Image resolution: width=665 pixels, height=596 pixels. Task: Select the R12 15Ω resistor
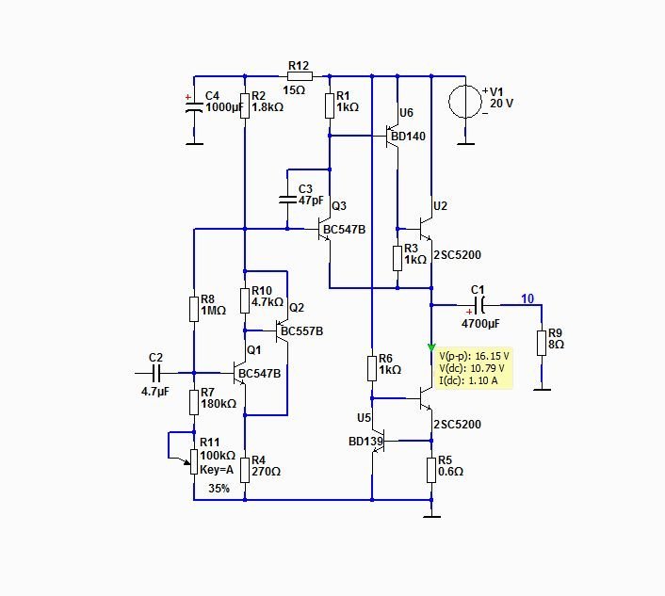coord(298,76)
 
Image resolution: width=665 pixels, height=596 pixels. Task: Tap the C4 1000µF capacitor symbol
coord(194,106)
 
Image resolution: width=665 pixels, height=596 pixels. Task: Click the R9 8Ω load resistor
coord(543,344)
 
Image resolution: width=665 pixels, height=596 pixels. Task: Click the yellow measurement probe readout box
coord(475,368)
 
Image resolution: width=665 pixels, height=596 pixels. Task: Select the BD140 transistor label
coord(407,137)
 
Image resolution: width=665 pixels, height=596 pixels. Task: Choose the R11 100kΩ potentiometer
coord(194,458)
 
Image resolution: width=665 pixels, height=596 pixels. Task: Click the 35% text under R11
coord(219,488)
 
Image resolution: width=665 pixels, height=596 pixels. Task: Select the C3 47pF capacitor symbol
coord(288,199)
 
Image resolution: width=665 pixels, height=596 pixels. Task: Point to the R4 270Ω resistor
coord(245,469)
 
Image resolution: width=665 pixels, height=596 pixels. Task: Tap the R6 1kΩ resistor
coord(372,365)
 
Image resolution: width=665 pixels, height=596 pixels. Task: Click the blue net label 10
coord(527,298)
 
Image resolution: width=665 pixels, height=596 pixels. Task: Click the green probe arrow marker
coord(431,347)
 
